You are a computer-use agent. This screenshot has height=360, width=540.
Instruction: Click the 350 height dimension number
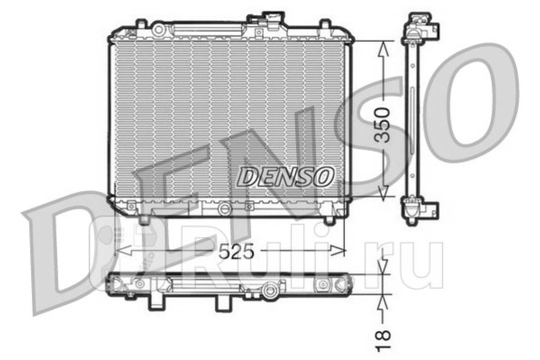click(382, 125)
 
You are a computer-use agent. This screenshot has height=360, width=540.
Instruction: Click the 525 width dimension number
click(236, 251)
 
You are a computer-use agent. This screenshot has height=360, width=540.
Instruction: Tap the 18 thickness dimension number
click(383, 341)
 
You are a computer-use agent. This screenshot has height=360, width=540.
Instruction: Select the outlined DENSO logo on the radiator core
click(286, 177)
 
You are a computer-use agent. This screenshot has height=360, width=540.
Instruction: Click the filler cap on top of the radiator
click(274, 18)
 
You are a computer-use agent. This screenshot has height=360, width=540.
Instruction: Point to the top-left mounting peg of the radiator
click(141, 24)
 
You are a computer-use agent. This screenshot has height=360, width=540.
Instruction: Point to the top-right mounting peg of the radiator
click(325, 24)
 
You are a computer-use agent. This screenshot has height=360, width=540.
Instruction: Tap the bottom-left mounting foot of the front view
click(144, 220)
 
